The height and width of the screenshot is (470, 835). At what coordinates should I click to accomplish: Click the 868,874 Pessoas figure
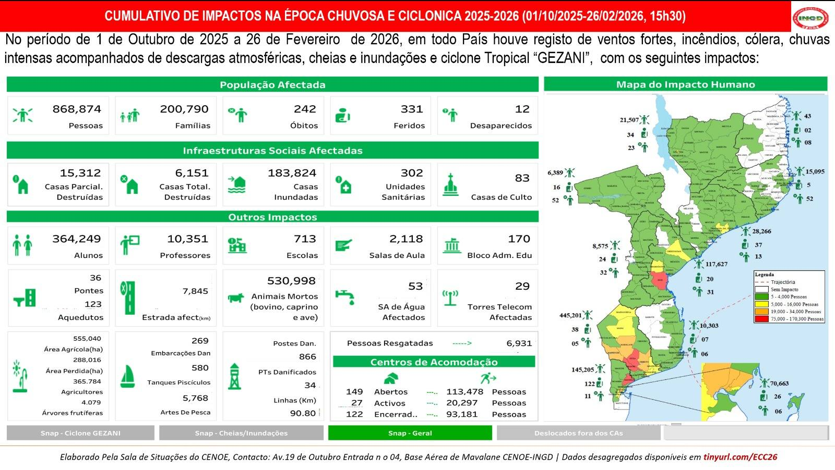click(x=77, y=109)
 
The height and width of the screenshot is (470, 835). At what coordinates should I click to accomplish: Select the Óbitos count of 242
click(x=305, y=109)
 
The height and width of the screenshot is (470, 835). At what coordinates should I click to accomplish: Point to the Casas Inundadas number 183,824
click(x=292, y=173)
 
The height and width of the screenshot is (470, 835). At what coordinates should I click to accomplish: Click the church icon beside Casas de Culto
click(x=450, y=185)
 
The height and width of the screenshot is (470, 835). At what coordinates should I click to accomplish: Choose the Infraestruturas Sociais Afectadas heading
click(x=272, y=151)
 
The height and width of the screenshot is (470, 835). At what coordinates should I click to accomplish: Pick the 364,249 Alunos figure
click(x=77, y=239)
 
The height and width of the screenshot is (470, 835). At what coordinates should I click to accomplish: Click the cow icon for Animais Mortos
click(x=236, y=298)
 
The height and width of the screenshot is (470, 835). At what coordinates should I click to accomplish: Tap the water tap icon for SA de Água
click(x=344, y=297)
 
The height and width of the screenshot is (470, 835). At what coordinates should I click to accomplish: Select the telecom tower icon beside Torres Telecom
click(x=450, y=298)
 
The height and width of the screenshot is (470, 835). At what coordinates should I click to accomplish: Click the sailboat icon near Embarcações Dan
click(x=127, y=376)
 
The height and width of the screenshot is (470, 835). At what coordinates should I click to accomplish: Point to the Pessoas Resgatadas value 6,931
click(x=519, y=343)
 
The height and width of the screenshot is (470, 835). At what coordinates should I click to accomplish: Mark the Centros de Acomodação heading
click(x=434, y=362)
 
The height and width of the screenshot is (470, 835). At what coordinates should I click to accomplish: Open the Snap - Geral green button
click(x=410, y=433)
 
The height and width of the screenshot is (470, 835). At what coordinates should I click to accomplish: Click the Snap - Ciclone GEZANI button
click(x=80, y=433)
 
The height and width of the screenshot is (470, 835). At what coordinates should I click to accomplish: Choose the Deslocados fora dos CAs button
click(x=578, y=433)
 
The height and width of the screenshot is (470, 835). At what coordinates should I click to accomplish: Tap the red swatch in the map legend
click(x=762, y=319)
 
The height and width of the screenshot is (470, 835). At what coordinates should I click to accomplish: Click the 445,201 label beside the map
click(x=570, y=315)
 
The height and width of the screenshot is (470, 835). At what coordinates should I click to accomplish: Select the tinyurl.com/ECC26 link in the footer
click(x=740, y=457)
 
